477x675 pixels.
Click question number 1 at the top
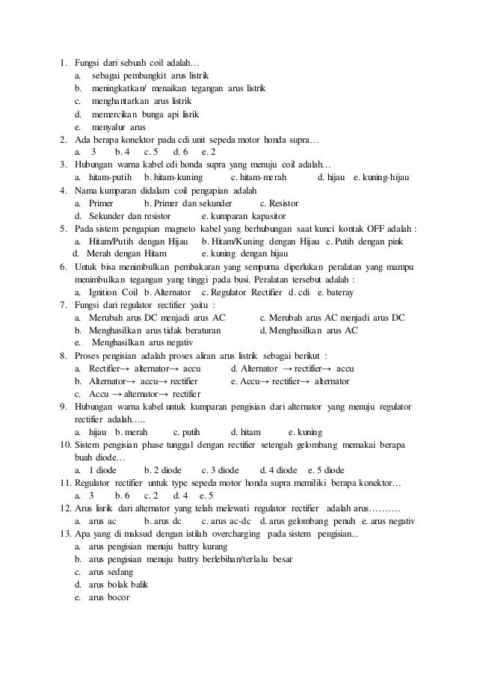(63, 62)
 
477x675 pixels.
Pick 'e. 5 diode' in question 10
(326, 470)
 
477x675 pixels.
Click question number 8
(63, 356)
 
